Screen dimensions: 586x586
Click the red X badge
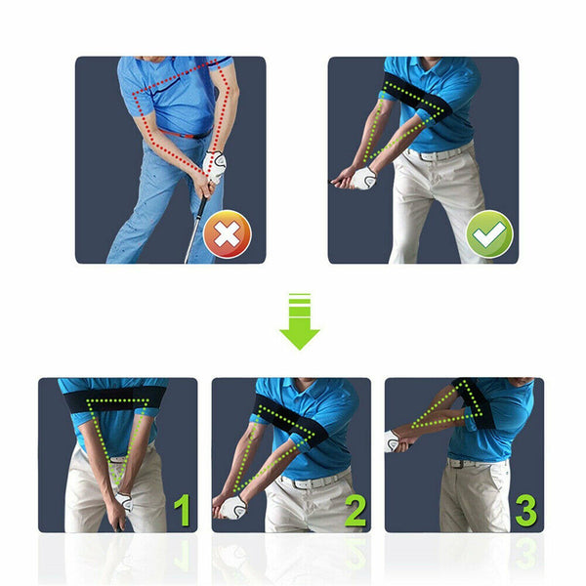coord(227,235)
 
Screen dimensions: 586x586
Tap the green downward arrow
coord(299,323)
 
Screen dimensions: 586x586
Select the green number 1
coord(182,510)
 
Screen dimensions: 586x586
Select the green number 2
coord(355,510)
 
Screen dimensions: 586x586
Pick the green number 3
coord(525,510)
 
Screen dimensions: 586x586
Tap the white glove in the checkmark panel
coord(363,178)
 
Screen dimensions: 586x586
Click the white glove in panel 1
coord(123,502)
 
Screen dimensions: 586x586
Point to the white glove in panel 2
coord(233,507)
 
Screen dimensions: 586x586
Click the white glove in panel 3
coord(393,440)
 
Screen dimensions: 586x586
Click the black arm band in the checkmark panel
coord(415,94)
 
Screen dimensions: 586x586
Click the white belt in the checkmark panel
coord(439,153)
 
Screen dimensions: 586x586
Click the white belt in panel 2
coord(311,481)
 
